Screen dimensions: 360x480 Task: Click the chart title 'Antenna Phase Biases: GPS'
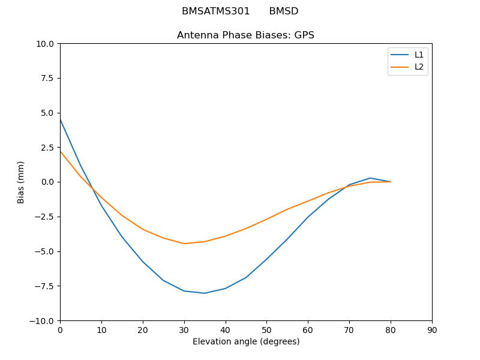point(245,35)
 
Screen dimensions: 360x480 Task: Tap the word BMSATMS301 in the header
point(216,11)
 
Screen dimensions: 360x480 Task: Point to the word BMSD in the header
point(283,11)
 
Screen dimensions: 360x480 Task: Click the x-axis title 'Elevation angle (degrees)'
point(246,341)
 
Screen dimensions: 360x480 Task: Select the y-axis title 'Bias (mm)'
point(21,182)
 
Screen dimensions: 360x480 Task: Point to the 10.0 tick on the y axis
point(46,44)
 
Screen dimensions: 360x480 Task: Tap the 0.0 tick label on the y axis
point(47,182)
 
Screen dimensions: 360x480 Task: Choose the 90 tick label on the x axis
point(432,330)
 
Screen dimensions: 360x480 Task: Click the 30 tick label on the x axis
point(184,330)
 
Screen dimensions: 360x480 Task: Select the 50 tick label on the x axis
point(266,330)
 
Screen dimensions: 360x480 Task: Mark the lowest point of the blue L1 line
point(205,293)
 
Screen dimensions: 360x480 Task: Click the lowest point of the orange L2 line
point(184,244)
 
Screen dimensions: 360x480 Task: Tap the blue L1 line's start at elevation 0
point(60,119)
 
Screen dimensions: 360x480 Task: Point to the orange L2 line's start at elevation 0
point(60,151)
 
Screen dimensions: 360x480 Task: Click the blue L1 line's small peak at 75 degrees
point(370,178)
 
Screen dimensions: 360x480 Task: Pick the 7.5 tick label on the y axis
point(47,78)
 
